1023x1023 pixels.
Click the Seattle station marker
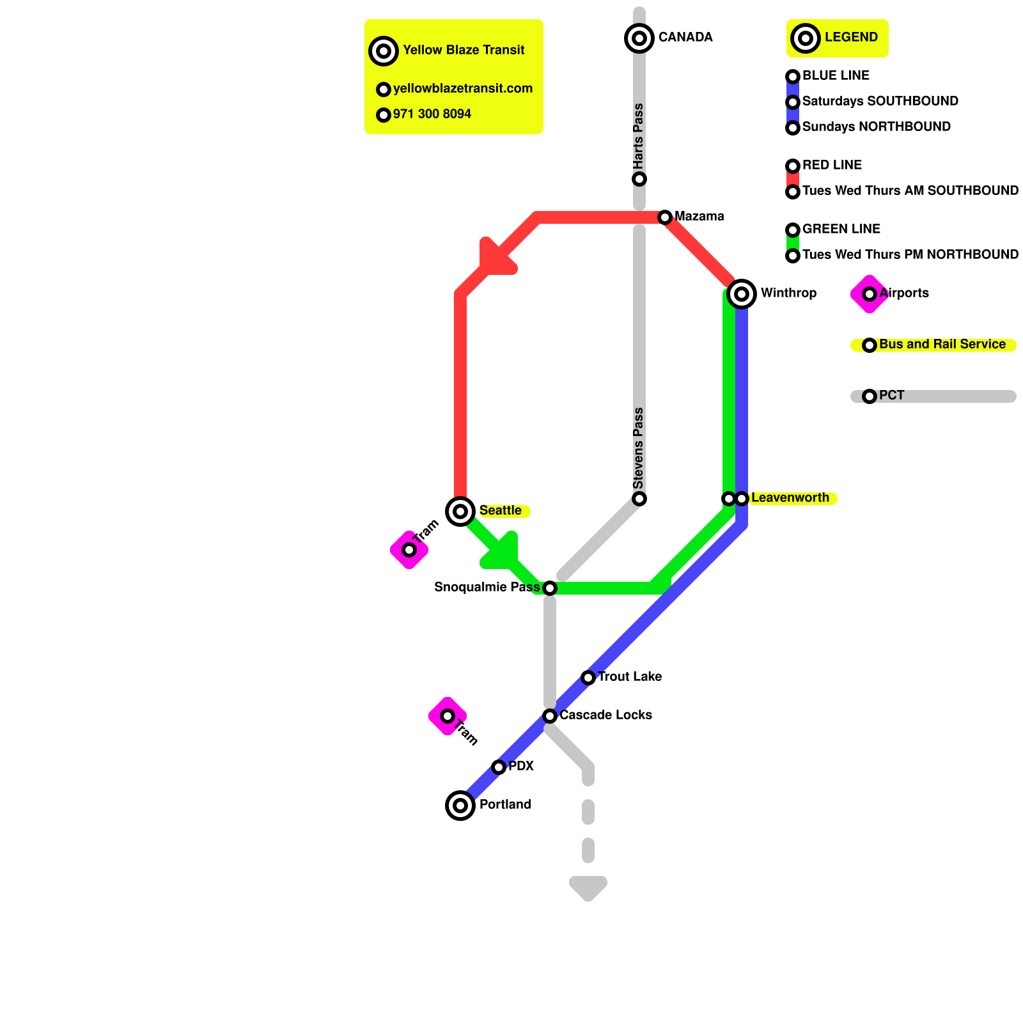click(460, 511)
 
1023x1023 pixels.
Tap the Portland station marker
click(460, 806)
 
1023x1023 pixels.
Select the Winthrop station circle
click(742, 294)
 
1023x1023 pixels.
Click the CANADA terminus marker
click(639, 38)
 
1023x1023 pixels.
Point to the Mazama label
click(699, 217)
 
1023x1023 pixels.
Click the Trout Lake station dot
click(588, 678)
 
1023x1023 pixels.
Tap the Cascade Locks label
click(605, 715)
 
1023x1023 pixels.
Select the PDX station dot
click(499, 767)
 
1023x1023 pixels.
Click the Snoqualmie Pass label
click(487, 588)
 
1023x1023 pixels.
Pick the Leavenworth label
click(790, 498)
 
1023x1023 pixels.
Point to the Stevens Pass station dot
click(639, 499)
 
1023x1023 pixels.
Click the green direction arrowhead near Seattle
click(503, 553)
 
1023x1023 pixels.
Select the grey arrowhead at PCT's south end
click(588, 886)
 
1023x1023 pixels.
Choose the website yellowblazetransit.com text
click(463, 89)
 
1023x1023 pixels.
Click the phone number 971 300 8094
click(432, 114)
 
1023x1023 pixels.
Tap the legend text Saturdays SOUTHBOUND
click(880, 102)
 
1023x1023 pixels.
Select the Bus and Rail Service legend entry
click(942, 345)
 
